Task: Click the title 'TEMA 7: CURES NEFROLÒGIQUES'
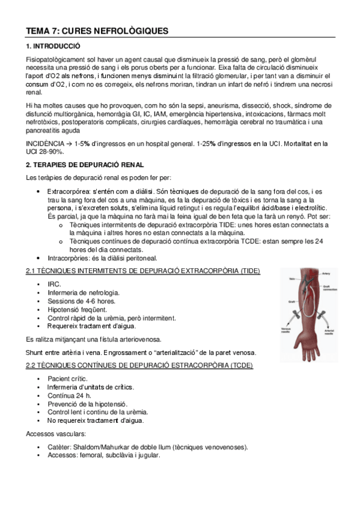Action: pyautogui.click(x=97, y=31)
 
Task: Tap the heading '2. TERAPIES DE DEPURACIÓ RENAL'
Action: pyautogui.click(x=85, y=165)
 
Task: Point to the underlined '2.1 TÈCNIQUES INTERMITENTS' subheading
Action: pyautogui.click(x=143, y=272)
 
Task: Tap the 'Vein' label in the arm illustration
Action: pyautogui.click(x=292, y=278)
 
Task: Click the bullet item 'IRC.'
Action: pyautogui.click(x=54, y=284)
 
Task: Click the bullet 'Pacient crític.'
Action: pyautogui.click(x=67, y=378)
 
